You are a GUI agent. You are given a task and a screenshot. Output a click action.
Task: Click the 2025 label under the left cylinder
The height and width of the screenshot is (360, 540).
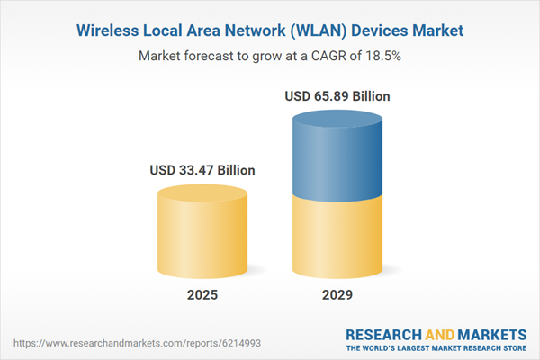point(202,295)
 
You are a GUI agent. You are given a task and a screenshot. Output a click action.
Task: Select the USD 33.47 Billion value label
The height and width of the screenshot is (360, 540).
point(202,169)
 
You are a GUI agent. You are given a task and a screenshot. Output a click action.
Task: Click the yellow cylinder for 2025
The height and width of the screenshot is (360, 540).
point(202,229)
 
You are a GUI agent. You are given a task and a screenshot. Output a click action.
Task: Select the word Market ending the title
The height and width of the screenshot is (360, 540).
point(434,31)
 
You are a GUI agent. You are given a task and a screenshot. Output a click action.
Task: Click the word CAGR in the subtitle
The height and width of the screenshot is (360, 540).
point(334,56)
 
